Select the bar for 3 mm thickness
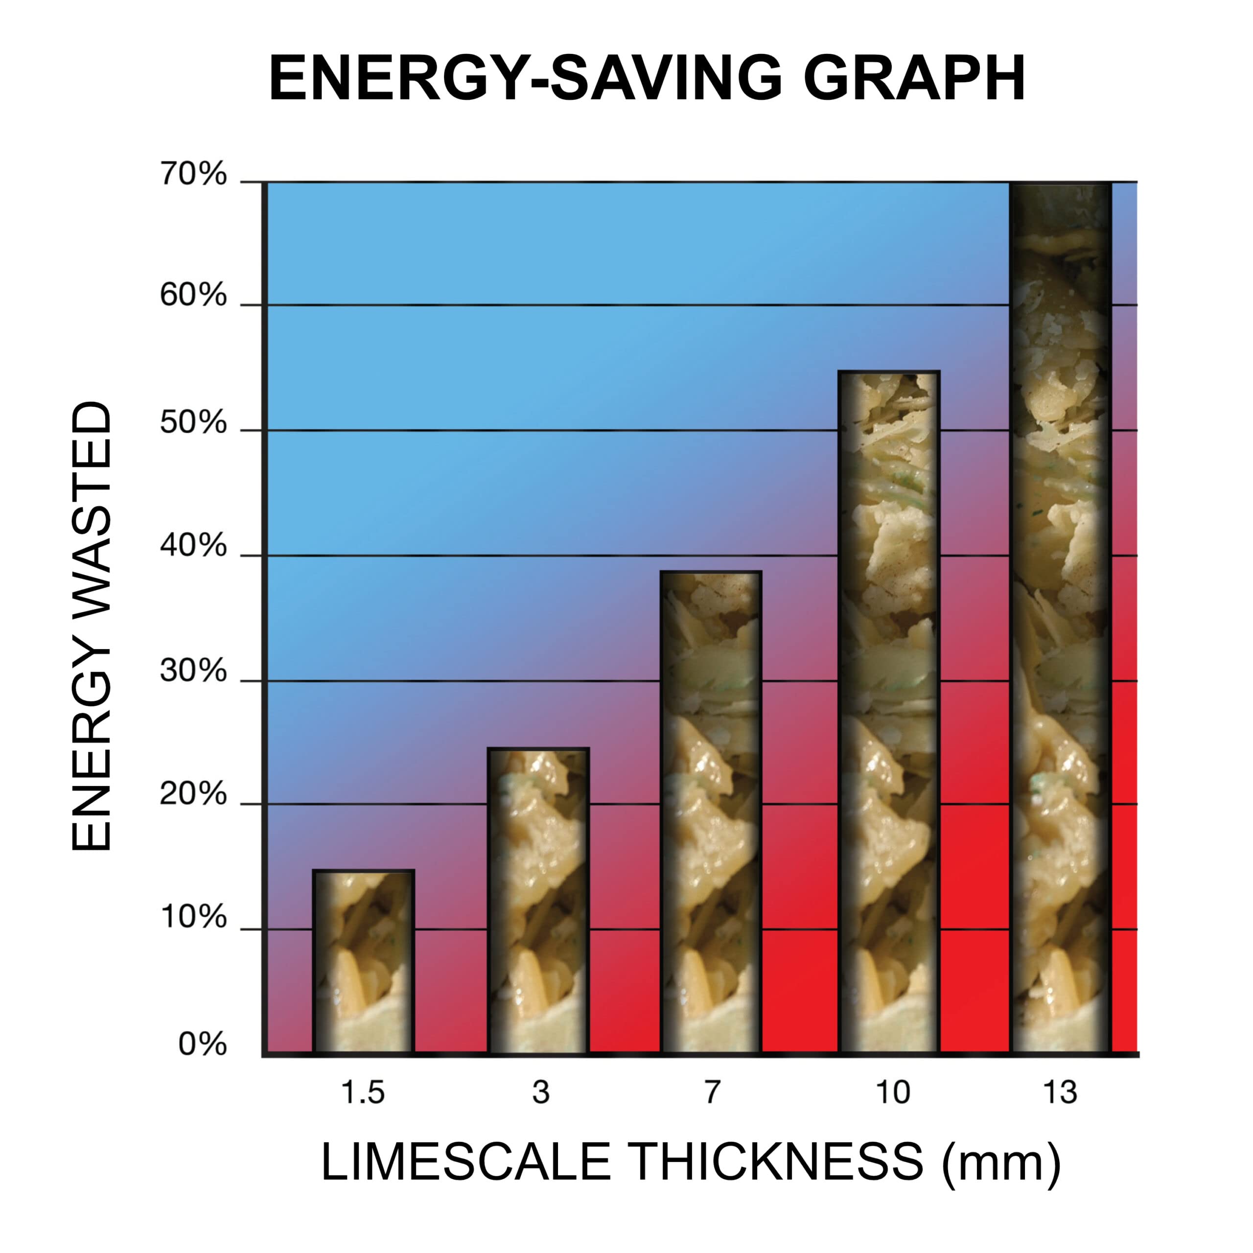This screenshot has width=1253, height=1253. tap(538, 902)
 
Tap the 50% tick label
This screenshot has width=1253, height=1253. tap(193, 423)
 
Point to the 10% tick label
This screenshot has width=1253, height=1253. tap(193, 917)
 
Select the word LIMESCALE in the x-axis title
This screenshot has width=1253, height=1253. tap(465, 1181)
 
